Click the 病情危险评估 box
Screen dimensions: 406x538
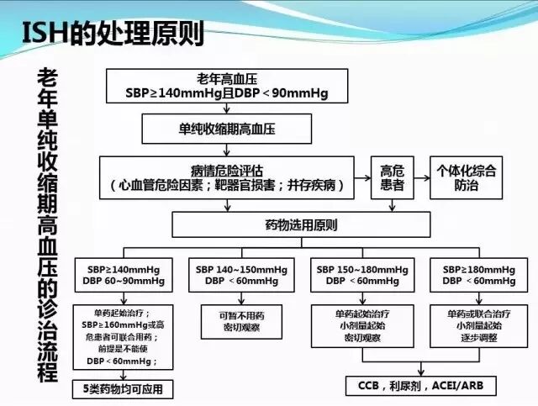coord(233,176)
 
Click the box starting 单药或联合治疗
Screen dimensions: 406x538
coord(477,324)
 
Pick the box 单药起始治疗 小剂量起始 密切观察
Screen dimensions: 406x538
coord(362,324)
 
